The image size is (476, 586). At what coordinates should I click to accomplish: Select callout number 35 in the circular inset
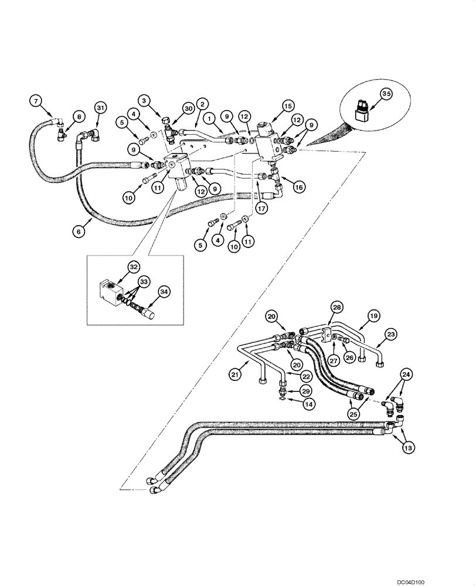tap(385, 93)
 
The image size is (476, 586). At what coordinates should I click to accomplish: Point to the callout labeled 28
tap(336, 306)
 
